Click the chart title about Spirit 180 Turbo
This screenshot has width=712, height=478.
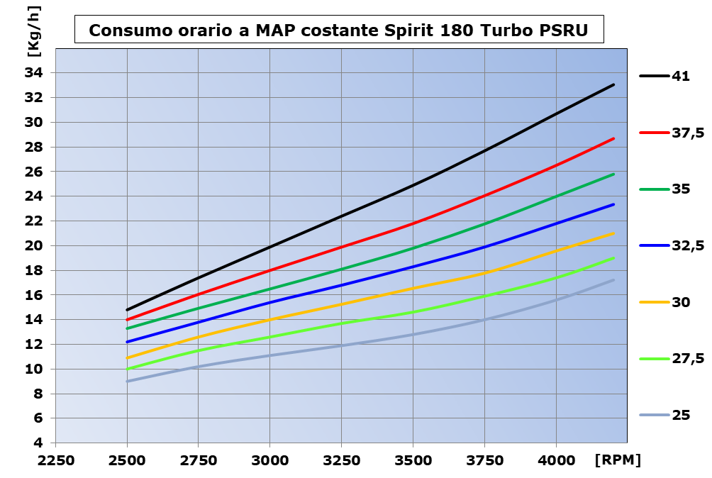(x=338, y=31)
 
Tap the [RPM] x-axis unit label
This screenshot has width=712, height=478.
(x=618, y=460)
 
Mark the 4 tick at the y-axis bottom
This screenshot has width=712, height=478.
(x=38, y=443)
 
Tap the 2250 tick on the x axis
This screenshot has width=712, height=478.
(x=56, y=460)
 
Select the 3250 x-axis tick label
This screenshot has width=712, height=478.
(x=341, y=460)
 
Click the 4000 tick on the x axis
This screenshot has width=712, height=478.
(x=556, y=460)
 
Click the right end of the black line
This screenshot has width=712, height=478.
(x=613, y=84)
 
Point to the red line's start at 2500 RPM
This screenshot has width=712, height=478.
(x=128, y=319)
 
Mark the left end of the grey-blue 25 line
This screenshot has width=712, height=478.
(x=128, y=381)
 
